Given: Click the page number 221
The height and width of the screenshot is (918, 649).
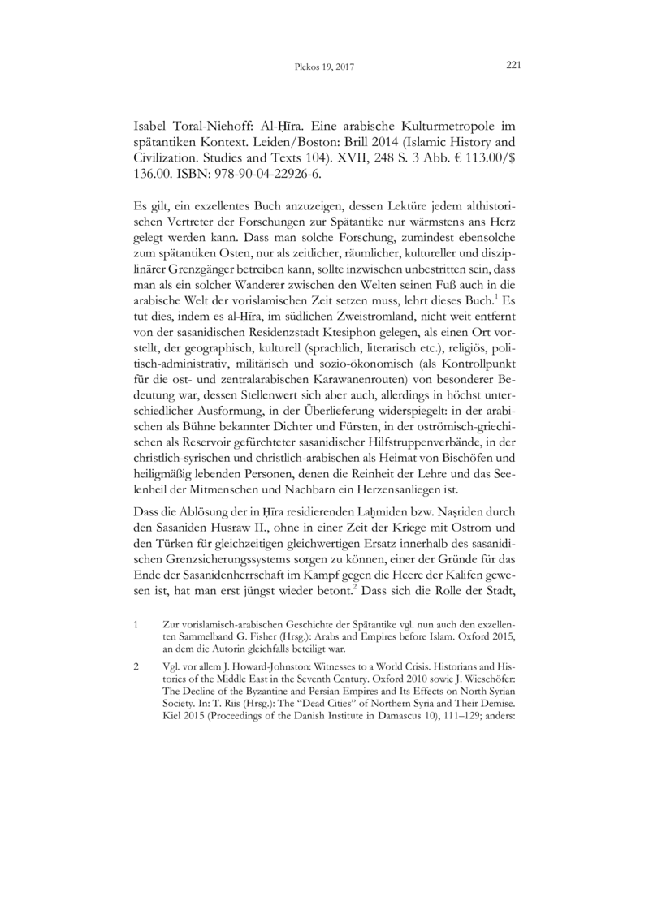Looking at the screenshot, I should pos(513,65).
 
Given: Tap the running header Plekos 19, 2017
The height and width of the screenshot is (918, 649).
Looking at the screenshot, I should pos(324,67).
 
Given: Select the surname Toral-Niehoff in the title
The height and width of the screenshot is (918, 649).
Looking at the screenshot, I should pos(206,128).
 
